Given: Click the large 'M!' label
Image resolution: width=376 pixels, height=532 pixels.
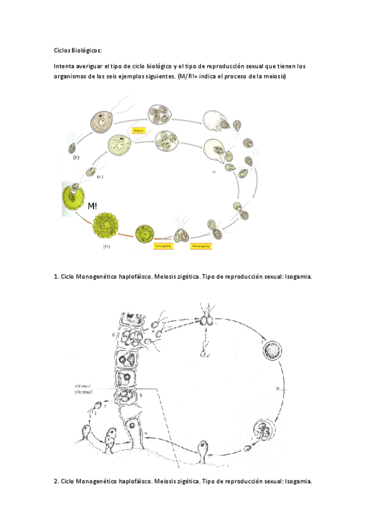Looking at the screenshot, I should [92, 205].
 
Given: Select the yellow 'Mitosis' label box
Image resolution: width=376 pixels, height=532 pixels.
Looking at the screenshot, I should [139, 130].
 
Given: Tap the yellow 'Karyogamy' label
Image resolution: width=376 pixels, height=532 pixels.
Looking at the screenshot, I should [163, 247].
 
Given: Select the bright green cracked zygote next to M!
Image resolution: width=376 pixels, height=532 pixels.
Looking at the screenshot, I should [73, 200].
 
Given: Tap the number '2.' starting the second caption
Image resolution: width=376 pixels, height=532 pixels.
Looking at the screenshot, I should [56, 481].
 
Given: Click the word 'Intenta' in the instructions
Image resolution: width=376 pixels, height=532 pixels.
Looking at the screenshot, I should [65, 66].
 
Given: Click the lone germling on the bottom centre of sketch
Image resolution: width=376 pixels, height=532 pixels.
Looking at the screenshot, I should [204, 450].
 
